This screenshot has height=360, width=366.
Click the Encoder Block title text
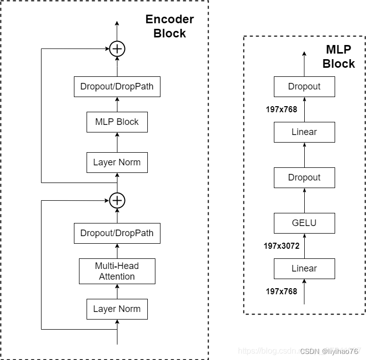click(x=170, y=26)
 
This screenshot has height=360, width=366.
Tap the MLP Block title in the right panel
click(x=339, y=57)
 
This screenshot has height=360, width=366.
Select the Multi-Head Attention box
click(x=117, y=271)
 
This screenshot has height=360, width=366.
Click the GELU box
click(x=304, y=223)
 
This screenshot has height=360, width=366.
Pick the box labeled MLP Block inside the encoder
click(x=117, y=122)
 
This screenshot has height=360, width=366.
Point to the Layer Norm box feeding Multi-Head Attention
click(x=117, y=309)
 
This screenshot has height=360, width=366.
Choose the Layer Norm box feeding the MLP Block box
click(x=117, y=162)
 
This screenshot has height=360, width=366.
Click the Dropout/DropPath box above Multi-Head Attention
click(x=117, y=233)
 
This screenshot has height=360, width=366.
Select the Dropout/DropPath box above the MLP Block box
click(x=117, y=86)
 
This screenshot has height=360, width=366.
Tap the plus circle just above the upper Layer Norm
click(x=117, y=200)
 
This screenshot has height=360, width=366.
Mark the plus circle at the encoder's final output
click(x=117, y=49)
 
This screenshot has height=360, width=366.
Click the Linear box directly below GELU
click(x=304, y=268)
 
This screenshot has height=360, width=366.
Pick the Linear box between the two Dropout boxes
click(x=304, y=132)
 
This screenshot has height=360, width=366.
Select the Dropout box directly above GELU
click(x=304, y=177)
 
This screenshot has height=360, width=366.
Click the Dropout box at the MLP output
click(x=304, y=86)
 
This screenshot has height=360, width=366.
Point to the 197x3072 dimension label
click(x=281, y=246)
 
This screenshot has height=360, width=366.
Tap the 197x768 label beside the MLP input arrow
click(x=281, y=291)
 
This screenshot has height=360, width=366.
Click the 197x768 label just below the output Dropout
click(x=281, y=109)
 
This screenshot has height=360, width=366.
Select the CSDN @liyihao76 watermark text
click(x=330, y=351)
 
